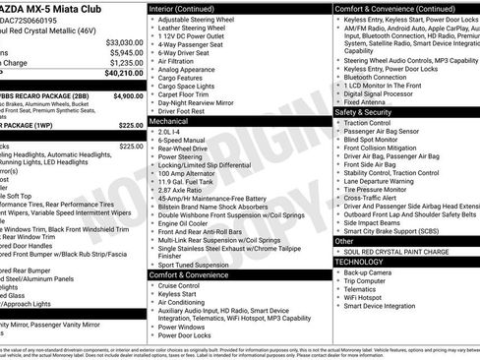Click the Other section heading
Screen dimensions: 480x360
(344, 240)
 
